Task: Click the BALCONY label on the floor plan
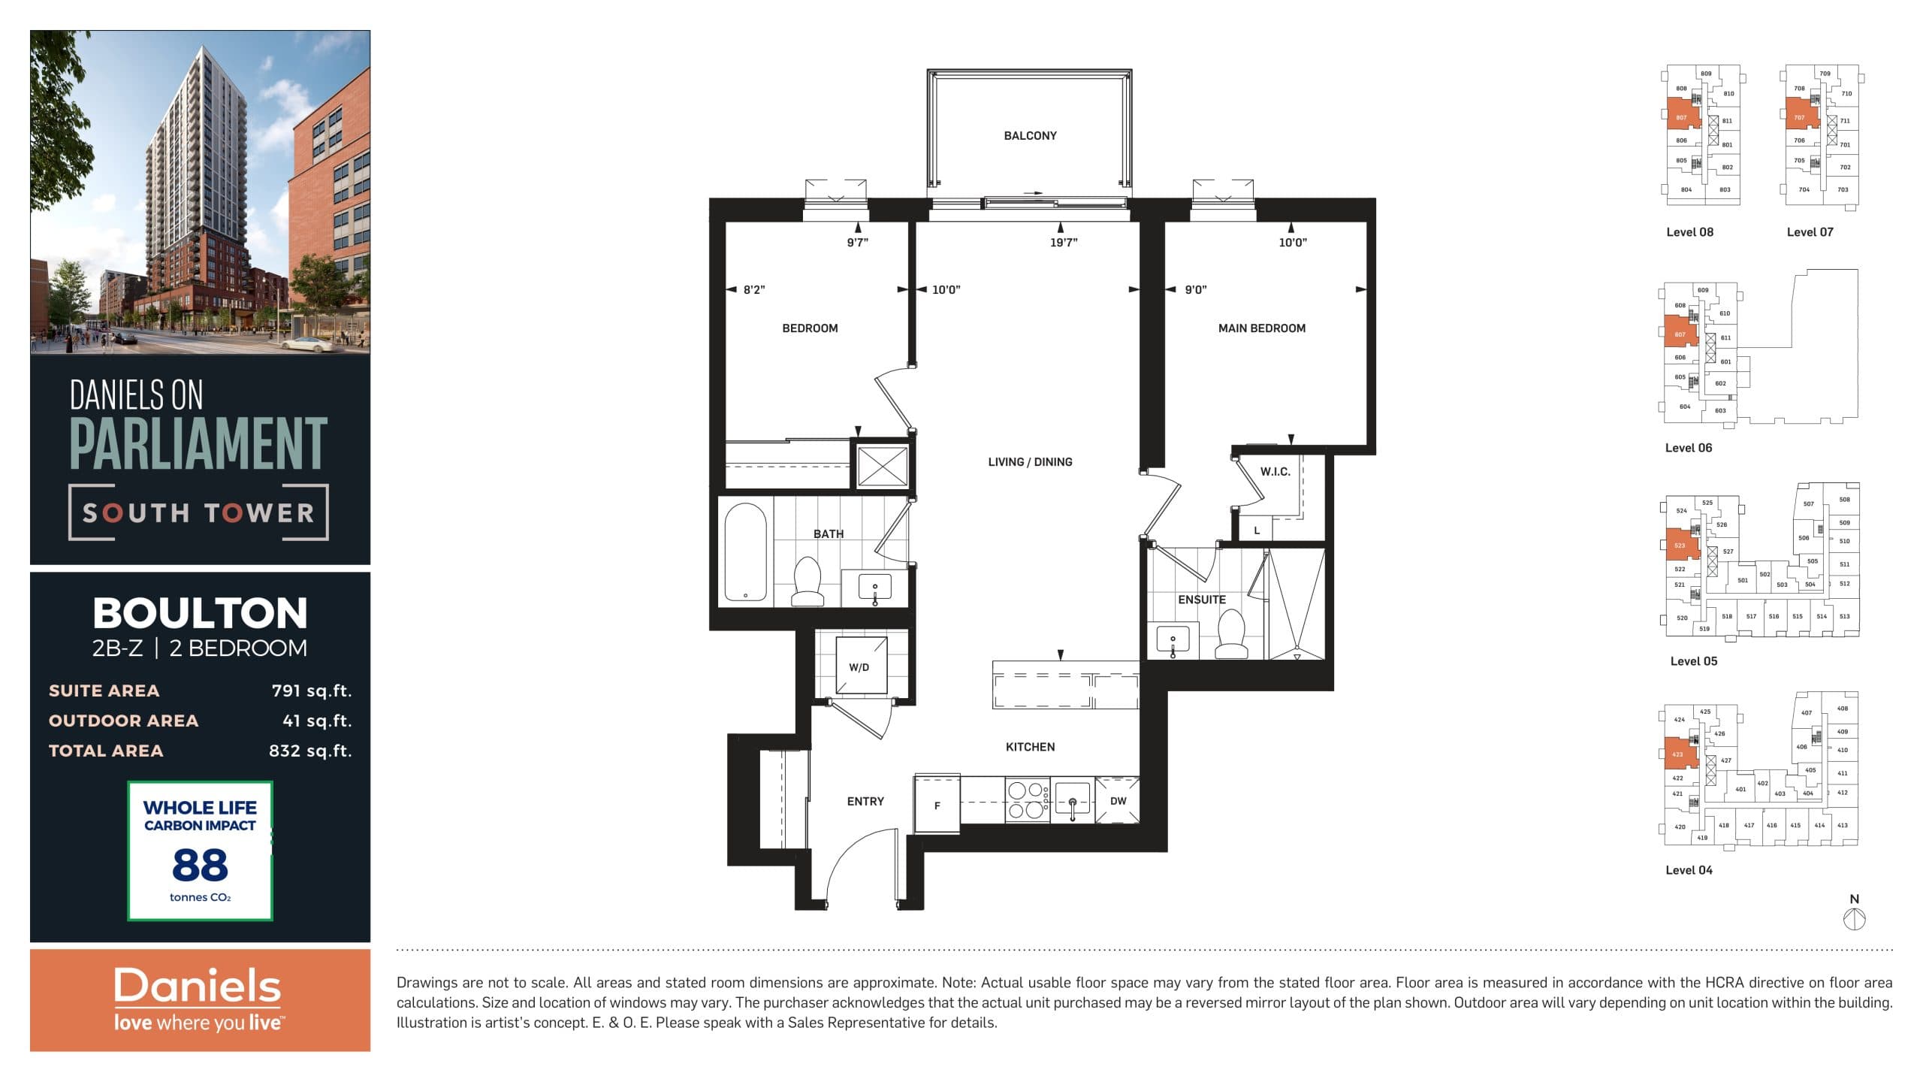click(1030, 136)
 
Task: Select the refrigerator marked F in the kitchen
click(937, 805)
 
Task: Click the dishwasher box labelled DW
click(1118, 801)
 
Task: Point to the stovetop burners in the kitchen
click(1027, 800)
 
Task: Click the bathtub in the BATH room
click(746, 553)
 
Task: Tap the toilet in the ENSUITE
click(1231, 633)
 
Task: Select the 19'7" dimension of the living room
click(1064, 242)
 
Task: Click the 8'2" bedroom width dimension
click(754, 290)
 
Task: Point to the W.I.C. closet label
click(1275, 472)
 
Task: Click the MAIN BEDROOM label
click(1261, 328)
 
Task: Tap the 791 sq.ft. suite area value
click(311, 691)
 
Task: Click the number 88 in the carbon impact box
click(200, 865)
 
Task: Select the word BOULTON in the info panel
click(200, 613)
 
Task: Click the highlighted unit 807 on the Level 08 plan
click(1681, 117)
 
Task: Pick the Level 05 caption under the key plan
click(1693, 661)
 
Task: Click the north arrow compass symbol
click(1854, 918)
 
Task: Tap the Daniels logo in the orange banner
click(198, 987)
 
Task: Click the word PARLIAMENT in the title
click(198, 444)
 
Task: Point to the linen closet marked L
click(1257, 530)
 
